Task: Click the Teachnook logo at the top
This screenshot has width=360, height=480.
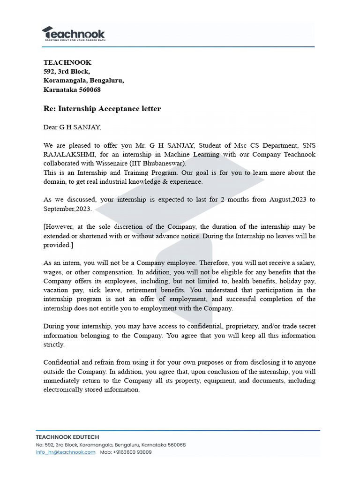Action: [x=74, y=34]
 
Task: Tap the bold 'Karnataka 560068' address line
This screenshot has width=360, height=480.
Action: [x=72, y=90]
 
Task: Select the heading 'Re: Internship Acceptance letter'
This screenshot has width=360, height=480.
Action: [x=102, y=109]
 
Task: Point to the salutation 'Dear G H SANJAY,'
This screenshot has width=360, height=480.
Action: [x=72, y=127]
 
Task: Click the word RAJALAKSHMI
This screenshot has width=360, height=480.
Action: [x=67, y=154]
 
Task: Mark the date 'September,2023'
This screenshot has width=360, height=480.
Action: [x=67, y=209]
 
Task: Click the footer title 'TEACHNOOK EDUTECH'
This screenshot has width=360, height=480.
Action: [x=67, y=437]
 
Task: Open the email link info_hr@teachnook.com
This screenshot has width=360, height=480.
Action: [x=66, y=452]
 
